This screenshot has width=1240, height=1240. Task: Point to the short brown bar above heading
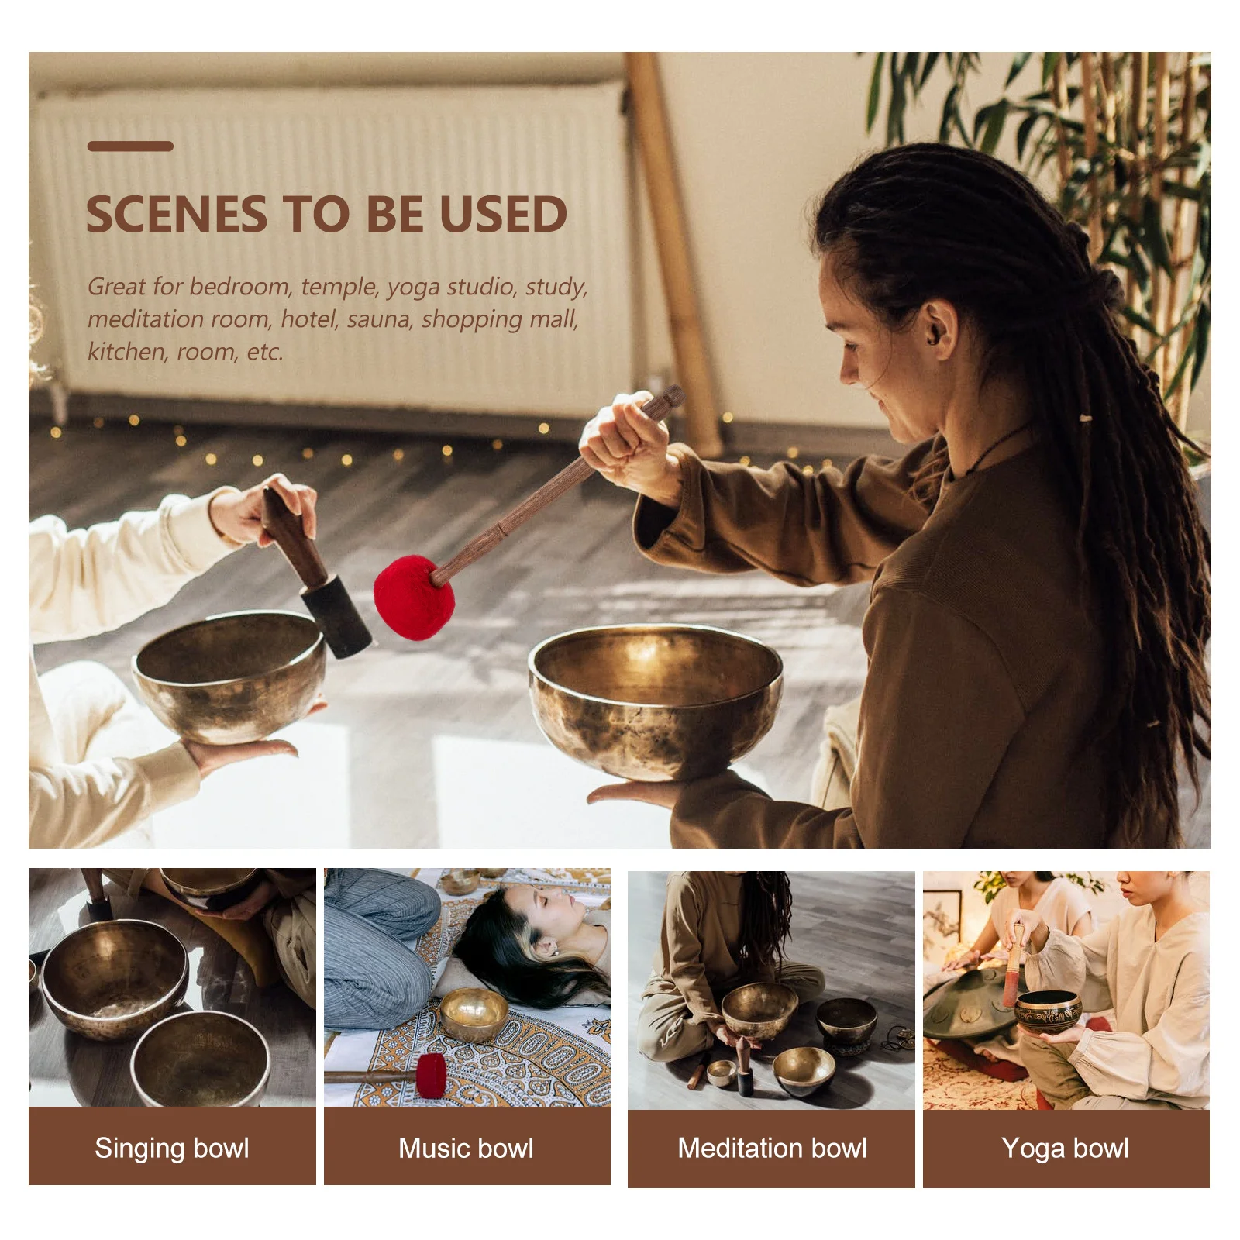click(129, 146)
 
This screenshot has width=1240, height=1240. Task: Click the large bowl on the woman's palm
click(655, 701)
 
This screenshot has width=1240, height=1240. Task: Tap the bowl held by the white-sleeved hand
click(229, 674)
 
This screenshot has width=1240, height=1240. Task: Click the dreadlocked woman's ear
click(940, 325)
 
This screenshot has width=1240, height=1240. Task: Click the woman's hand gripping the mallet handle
click(624, 442)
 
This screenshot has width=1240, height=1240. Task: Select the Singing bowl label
click(172, 1148)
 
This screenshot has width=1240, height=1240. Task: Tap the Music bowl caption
click(466, 1148)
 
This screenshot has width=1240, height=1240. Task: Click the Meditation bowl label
click(772, 1148)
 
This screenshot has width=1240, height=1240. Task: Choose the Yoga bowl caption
click(1065, 1148)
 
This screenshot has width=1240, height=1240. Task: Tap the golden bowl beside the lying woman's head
click(474, 1011)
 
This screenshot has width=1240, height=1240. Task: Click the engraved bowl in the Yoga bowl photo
click(1048, 1011)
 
